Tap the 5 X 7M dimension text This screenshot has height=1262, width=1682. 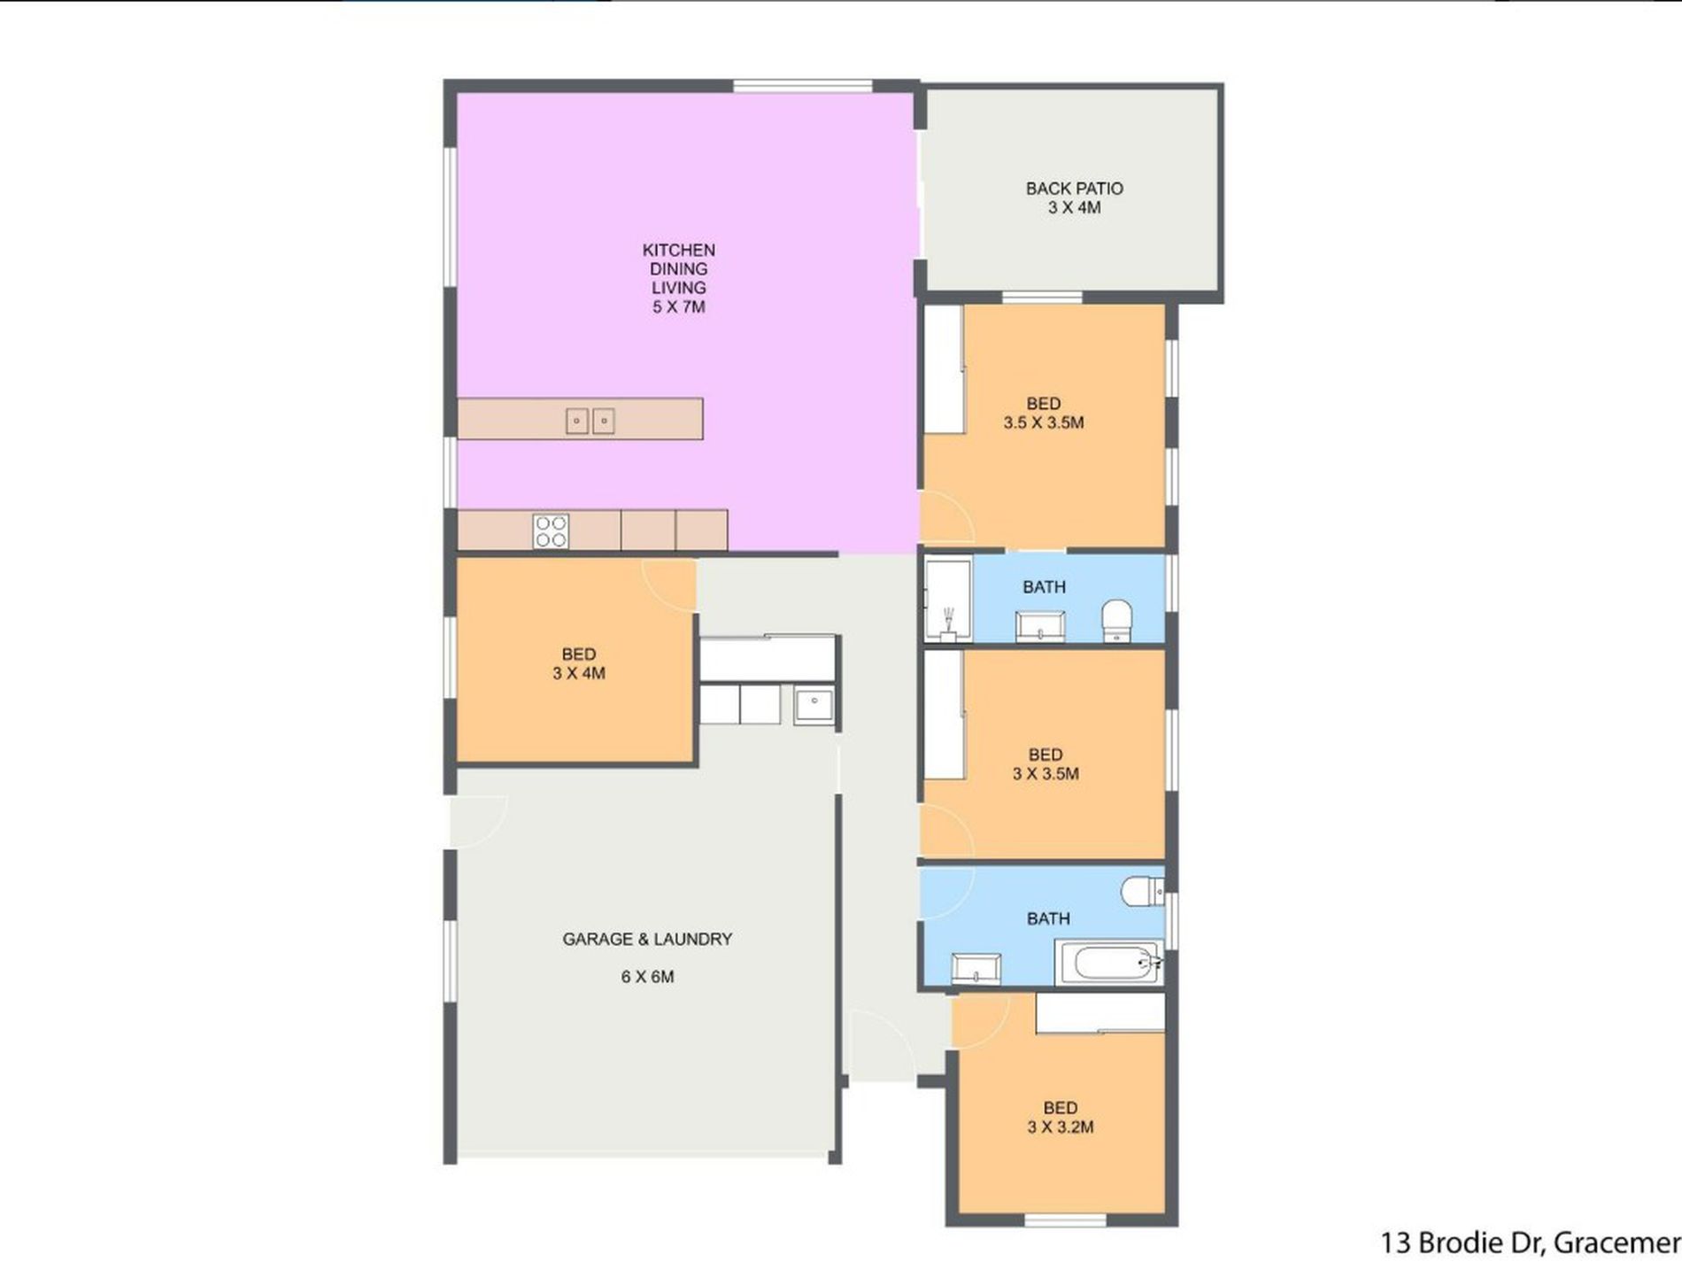coord(679,307)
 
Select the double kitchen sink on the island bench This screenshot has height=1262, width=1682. coord(590,420)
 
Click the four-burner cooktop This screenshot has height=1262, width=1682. coord(551,531)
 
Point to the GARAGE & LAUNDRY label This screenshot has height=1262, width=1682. coord(647,939)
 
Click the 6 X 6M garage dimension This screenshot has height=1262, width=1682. coord(647,977)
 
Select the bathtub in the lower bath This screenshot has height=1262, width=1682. coord(1109,963)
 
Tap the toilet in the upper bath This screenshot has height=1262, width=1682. coord(1117,620)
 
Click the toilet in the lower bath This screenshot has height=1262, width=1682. coord(1143,891)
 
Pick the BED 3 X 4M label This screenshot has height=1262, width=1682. coord(579,663)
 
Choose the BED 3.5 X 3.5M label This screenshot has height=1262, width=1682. coord(1044,414)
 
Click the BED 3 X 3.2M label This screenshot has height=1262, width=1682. coord(1061,1118)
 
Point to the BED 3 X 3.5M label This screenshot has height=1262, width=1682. coord(1045,764)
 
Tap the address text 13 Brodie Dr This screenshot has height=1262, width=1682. coord(1463,1243)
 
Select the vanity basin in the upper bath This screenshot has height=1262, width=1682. coord(1039,626)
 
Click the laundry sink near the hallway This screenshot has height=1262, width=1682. coord(814,706)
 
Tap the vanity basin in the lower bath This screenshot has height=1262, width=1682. coord(976,968)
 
